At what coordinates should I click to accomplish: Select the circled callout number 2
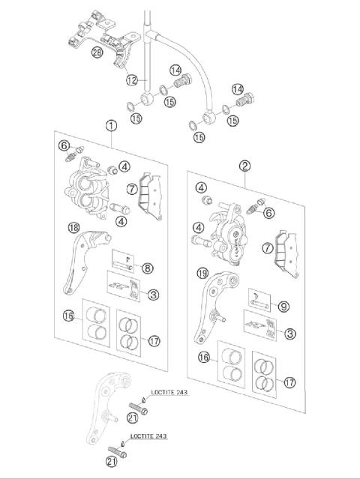pyautogui.click(x=244, y=165)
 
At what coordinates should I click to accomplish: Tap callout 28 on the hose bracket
pyautogui.click(x=97, y=52)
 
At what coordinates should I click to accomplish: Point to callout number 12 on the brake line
pyautogui.click(x=131, y=79)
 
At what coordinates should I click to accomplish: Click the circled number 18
pyautogui.click(x=73, y=228)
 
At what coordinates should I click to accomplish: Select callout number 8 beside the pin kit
pyautogui.click(x=147, y=267)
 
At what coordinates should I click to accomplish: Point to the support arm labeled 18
pyautogui.click(x=82, y=262)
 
